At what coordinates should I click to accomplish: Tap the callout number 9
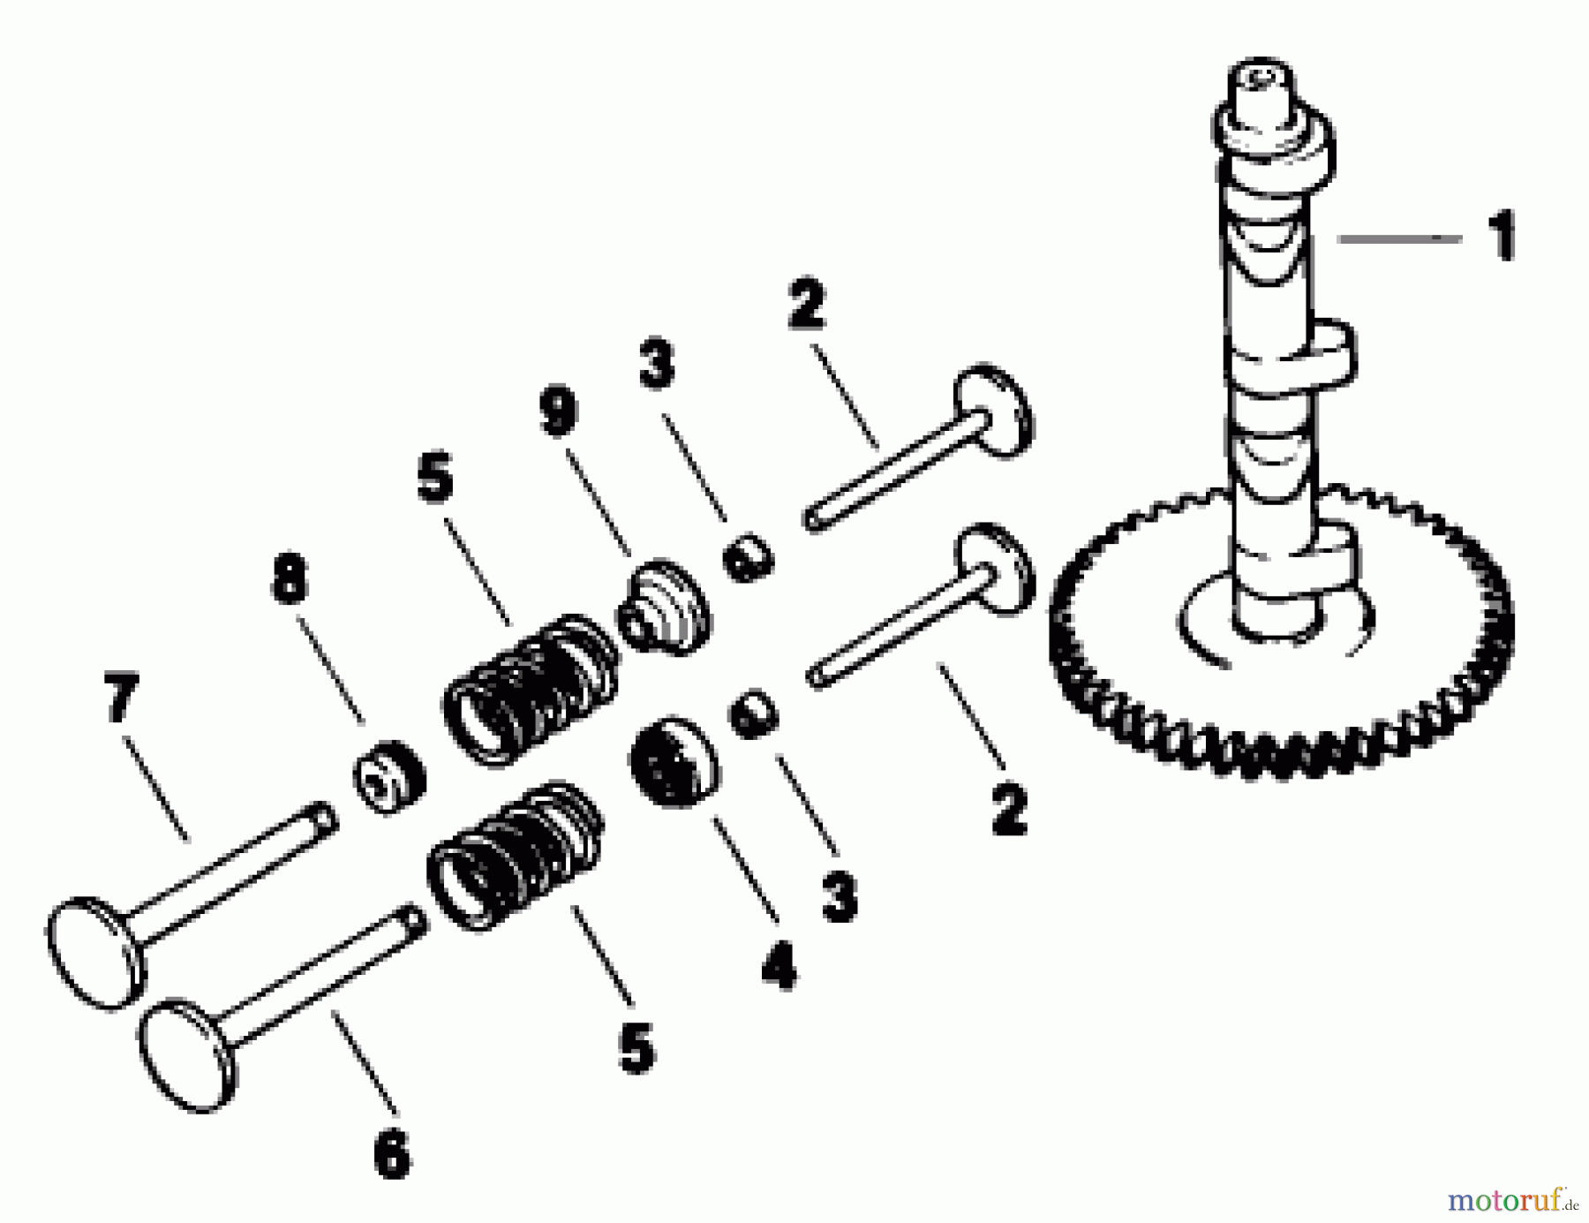pyautogui.click(x=558, y=412)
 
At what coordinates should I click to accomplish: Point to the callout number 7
pyautogui.click(x=121, y=698)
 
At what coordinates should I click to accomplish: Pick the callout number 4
pyautogui.click(x=779, y=964)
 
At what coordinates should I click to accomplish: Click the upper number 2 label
pyautogui.click(x=806, y=305)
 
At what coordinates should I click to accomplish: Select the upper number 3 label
pyautogui.click(x=657, y=364)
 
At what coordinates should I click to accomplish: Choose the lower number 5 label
pyautogui.click(x=636, y=1048)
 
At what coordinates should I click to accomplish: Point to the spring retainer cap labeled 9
pyautogui.click(x=667, y=607)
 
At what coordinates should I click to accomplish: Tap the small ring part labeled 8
pyautogui.click(x=388, y=777)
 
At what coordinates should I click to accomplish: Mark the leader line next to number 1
pyautogui.click(x=1399, y=238)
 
